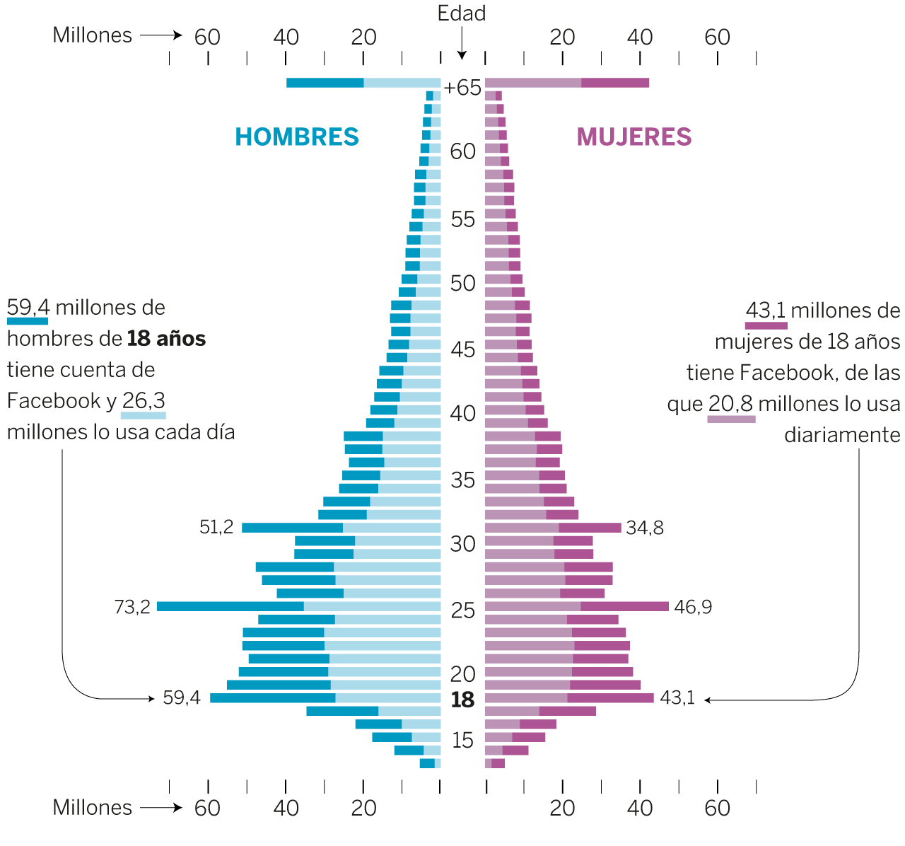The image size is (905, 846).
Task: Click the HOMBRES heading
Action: click(297, 137)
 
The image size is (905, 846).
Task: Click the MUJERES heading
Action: click(633, 137)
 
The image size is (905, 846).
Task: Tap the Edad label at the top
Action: click(461, 13)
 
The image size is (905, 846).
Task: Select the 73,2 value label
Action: click(132, 607)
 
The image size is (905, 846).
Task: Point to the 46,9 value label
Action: click(693, 607)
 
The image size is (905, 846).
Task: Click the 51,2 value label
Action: click(216, 527)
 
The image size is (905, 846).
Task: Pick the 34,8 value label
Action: click(645, 528)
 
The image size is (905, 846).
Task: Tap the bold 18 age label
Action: click(462, 700)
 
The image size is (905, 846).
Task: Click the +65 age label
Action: click(462, 88)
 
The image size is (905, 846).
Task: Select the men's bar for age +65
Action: click(363, 83)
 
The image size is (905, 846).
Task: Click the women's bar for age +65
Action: click(566, 83)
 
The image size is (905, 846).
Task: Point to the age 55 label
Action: click(462, 219)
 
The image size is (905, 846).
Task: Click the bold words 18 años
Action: click(167, 339)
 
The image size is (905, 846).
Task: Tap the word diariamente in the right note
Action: click(842, 435)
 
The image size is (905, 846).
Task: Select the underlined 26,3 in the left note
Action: click(144, 401)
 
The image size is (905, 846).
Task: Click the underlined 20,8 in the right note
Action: click(731, 404)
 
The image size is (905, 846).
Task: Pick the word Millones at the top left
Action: click(93, 35)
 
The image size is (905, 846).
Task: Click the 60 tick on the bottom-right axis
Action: click(717, 808)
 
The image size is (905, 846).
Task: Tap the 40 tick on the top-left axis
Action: click(286, 37)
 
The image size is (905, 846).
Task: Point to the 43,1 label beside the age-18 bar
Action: click(677, 698)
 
